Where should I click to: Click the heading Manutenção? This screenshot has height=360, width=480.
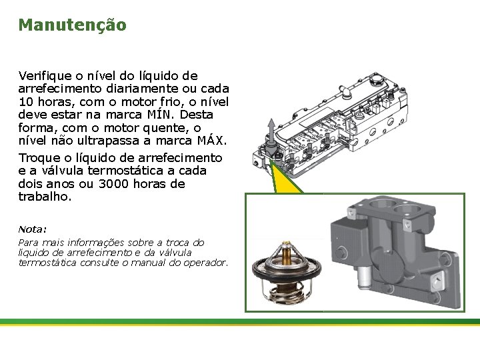click(72, 25)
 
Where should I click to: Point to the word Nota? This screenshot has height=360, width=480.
click(33, 229)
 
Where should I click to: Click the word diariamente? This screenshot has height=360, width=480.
click(129, 89)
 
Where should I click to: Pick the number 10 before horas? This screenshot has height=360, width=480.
click(26, 102)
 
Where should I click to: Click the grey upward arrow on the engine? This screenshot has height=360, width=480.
click(271, 128)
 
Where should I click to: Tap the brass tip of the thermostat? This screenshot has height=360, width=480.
click(287, 249)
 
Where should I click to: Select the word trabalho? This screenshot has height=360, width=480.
click(44, 197)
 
